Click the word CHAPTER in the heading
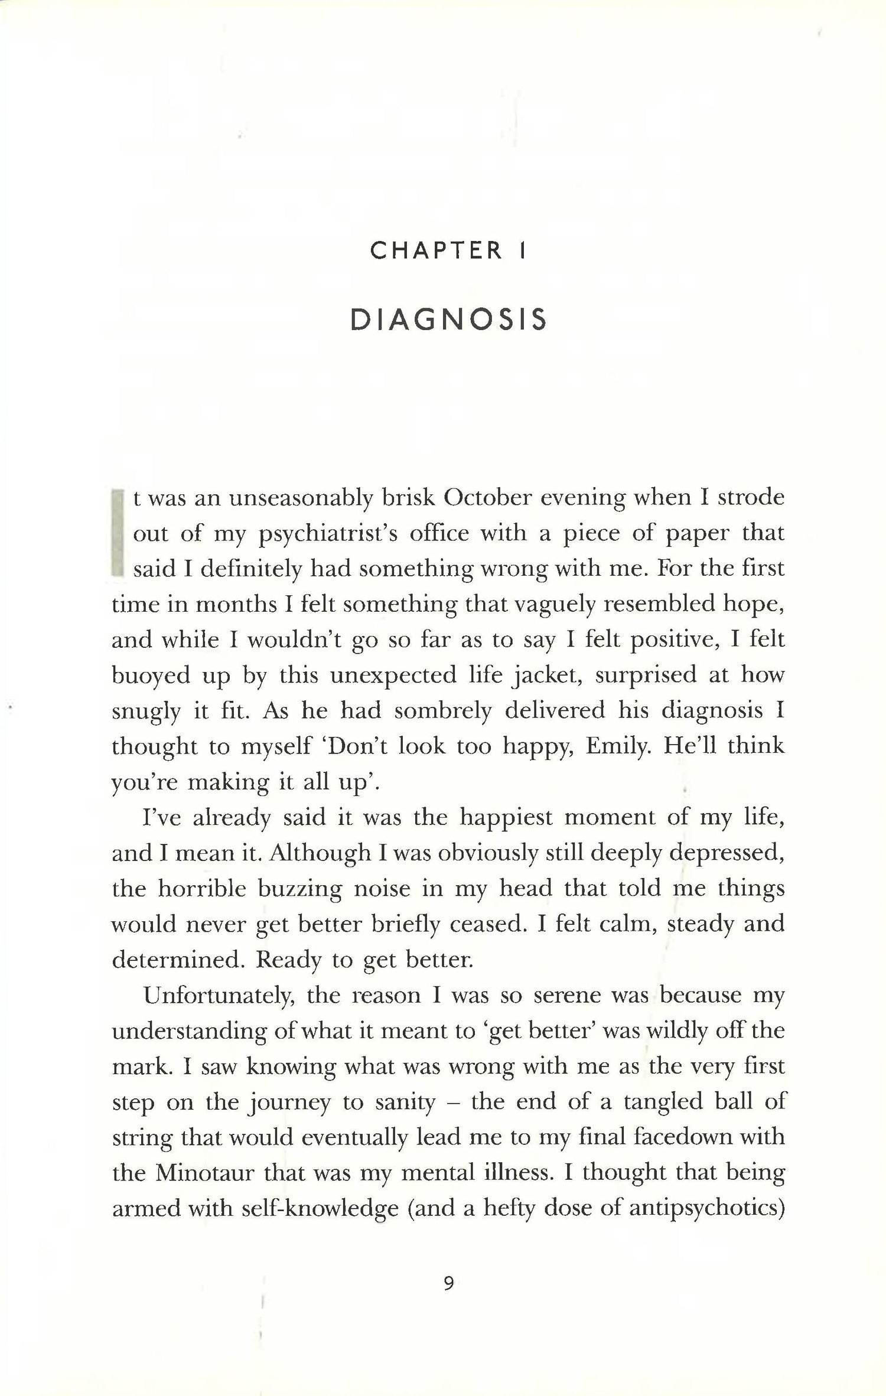[x=437, y=252]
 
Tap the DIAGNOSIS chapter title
[x=448, y=320]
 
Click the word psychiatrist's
[x=328, y=533]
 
